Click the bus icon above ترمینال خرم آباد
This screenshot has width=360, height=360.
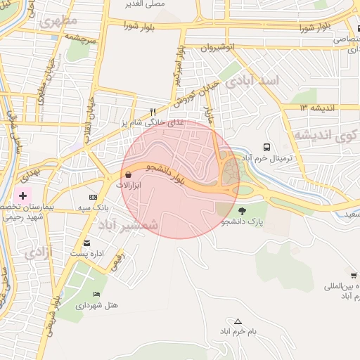coord(266,147)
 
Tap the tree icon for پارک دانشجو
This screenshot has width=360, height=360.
coord(243,210)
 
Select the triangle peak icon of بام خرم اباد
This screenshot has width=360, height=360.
coord(238,320)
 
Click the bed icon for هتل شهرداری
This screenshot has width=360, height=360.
coord(96,293)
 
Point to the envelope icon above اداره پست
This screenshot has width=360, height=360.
coord(86,243)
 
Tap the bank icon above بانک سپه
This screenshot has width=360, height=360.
coord(93,197)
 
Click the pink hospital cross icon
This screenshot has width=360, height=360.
coord(22,195)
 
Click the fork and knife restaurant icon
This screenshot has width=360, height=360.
coord(153,112)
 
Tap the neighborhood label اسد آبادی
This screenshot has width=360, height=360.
coord(256,81)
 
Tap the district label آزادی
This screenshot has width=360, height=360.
coord(39,252)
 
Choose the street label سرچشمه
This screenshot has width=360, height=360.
coord(80,37)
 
